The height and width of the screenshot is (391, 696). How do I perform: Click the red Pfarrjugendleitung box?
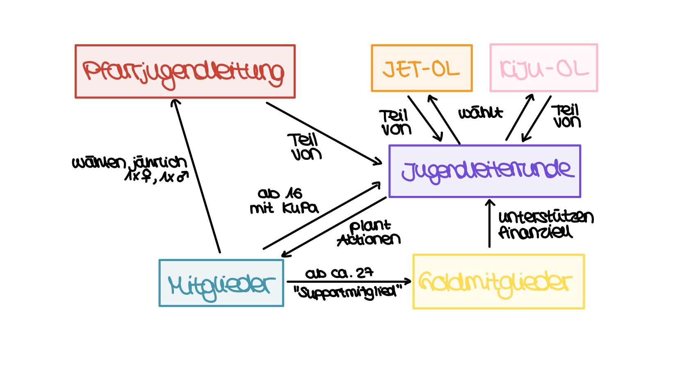point(185,71)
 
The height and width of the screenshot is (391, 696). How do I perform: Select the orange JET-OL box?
point(422,68)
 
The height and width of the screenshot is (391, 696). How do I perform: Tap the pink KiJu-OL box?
point(543,68)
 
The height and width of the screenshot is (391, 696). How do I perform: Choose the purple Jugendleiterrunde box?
point(485,171)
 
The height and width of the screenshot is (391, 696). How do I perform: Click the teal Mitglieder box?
point(221,283)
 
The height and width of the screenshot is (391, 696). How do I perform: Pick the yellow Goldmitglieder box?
point(498,282)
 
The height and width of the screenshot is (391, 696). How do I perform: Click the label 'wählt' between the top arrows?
point(480,113)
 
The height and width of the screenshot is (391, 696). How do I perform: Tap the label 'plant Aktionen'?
point(369,233)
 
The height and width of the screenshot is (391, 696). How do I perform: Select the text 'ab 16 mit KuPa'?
point(283,201)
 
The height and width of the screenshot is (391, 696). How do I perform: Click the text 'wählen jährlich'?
point(130,163)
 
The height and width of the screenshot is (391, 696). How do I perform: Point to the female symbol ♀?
point(146,176)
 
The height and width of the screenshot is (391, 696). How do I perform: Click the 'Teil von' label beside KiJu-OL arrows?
point(566,116)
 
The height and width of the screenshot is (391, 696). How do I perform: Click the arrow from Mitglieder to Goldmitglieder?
point(349,282)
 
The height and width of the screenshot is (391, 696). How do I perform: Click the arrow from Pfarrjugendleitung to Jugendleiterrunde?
point(324,133)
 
